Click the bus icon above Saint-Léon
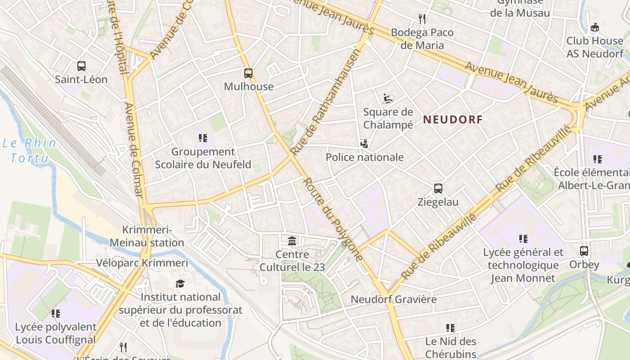[81, 66]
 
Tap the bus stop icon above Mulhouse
[248, 73]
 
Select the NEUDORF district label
[453, 120]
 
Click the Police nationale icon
[364, 144]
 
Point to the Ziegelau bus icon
[438, 189]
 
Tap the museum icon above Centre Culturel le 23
[292, 241]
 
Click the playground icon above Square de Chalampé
[388, 99]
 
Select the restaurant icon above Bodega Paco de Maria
[422, 19]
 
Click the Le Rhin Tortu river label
[30, 150]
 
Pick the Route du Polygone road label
[333, 219]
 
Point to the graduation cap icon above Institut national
[180, 283]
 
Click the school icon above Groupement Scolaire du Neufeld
[203, 138]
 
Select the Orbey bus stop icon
[584, 251]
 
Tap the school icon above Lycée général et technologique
[523, 238]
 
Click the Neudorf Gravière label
[393, 299]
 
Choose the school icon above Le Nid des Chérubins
[450, 328]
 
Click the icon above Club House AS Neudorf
[594, 27]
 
